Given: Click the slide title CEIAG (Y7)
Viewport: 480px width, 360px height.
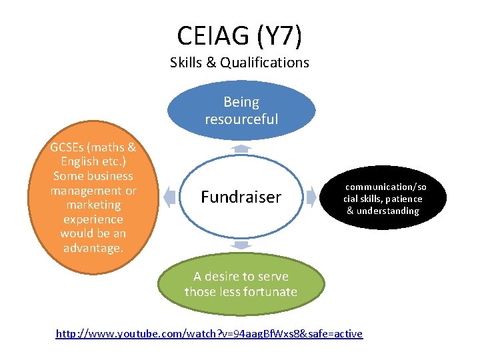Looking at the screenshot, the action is point(239,35).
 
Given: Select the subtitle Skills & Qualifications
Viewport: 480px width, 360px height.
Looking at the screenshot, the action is point(239,63).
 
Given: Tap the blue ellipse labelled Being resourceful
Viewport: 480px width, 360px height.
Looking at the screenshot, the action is point(241,110).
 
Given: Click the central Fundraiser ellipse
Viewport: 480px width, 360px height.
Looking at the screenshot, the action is point(241,197).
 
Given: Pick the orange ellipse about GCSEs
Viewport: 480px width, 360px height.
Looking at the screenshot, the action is point(93,197).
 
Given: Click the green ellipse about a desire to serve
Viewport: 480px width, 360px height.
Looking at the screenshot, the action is point(241,284).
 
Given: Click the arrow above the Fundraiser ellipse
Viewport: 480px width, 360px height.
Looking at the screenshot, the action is point(241,148).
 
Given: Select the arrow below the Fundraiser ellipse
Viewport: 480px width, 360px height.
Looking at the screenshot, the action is point(241,245).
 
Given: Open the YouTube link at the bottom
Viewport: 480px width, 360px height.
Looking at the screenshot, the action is point(209,333).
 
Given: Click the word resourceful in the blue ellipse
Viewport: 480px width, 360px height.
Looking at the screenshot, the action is point(241,119).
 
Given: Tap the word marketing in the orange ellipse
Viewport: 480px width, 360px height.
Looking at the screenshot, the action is point(93,205).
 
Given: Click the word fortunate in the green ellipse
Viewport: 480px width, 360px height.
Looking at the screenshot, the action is point(270,291).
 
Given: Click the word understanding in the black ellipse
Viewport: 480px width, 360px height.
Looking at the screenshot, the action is point(391,211).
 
